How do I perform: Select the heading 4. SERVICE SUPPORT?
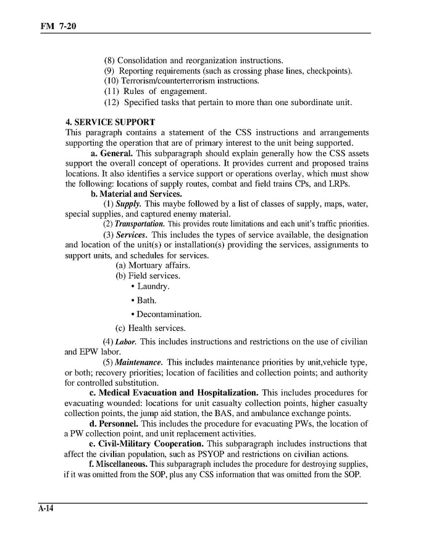[x=111, y=122]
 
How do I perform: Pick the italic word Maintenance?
[x=140, y=362]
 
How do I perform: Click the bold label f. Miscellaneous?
[x=119, y=464]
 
